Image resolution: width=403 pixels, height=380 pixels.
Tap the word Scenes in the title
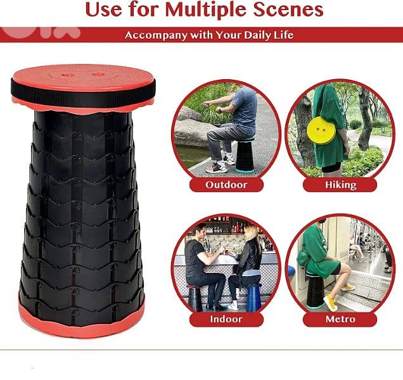coord(288,9)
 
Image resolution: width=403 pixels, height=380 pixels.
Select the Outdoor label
coord(226,185)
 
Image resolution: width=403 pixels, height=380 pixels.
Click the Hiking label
coord(340,185)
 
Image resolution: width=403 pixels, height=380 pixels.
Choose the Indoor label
coord(226,319)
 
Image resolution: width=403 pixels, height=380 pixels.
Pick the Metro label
coord(340,319)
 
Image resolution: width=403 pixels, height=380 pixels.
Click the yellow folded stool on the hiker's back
coord(321,130)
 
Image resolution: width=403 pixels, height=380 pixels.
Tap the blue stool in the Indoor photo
coord(254,298)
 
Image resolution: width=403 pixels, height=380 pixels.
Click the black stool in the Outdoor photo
coord(245,155)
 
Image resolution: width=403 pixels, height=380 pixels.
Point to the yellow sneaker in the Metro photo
coord(330,303)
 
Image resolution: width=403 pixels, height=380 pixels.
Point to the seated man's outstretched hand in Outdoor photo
coord(205,104)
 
